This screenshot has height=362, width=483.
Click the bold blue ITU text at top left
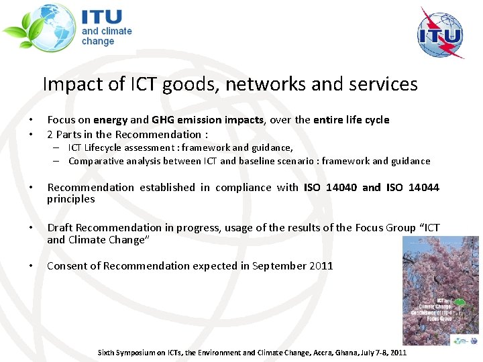click(102, 16)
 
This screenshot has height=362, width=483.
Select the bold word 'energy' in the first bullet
click(110, 120)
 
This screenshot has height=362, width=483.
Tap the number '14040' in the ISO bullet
click(341, 187)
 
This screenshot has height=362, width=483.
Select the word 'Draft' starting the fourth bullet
click(60, 228)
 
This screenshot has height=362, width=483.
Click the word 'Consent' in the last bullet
click(66, 265)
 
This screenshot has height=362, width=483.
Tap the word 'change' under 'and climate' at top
click(98, 42)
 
